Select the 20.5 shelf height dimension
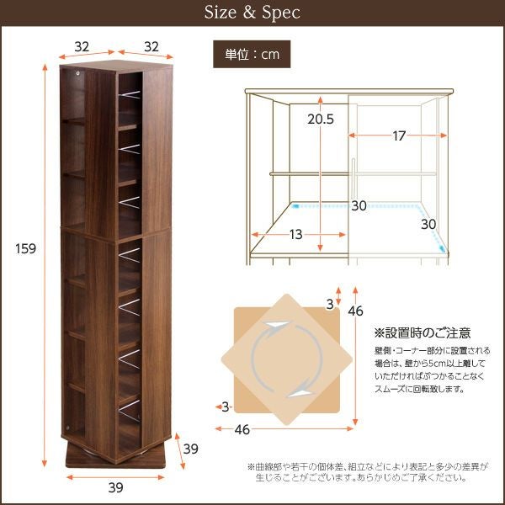319,119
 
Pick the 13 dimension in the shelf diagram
295,235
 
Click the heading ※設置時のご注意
423,332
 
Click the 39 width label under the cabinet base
116,486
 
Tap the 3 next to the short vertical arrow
329,302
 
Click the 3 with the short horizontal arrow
225,407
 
